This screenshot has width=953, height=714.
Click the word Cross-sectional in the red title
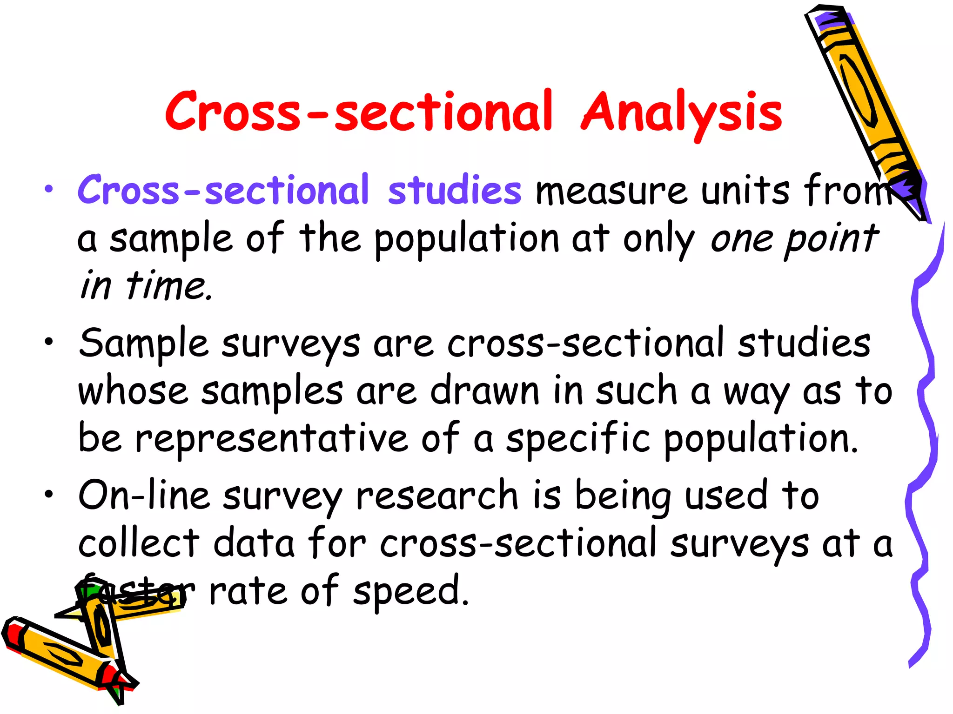click(359, 112)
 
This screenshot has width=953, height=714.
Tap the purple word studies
click(455, 190)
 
